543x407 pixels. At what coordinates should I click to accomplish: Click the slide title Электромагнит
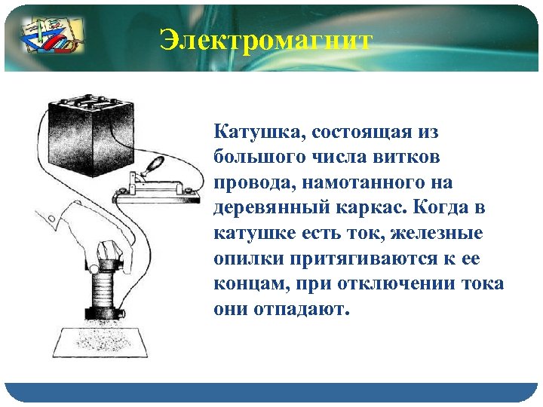(265, 40)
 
